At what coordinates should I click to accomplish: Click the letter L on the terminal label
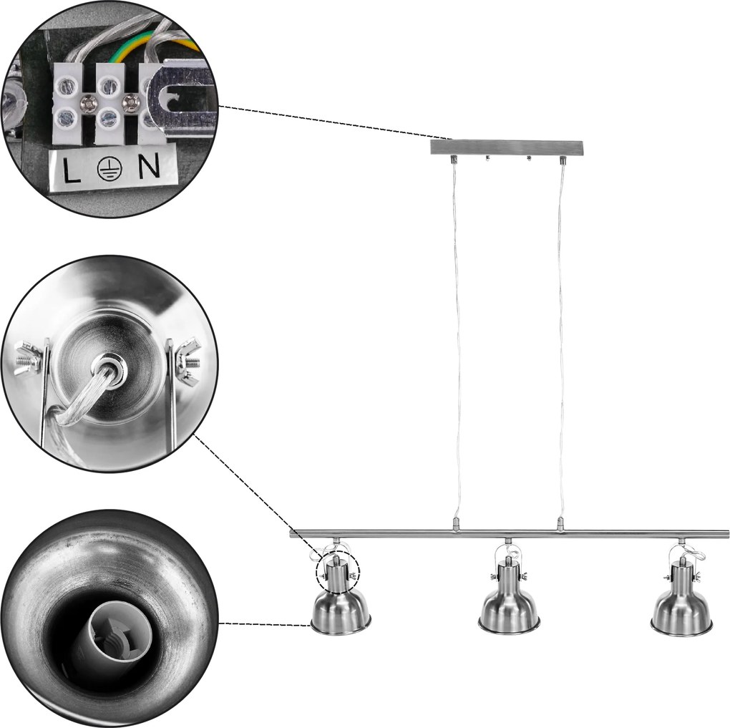pyautogui.click(x=72, y=169)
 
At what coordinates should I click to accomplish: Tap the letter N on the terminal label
pyautogui.click(x=149, y=165)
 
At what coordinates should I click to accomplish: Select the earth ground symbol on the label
pyautogui.click(x=110, y=168)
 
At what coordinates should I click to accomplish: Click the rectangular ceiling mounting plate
pyautogui.click(x=507, y=147)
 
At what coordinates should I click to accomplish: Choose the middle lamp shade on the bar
pyautogui.click(x=510, y=607)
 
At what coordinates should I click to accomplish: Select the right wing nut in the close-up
pyautogui.click(x=188, y=360)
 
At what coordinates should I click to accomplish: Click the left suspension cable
pyautogui.click(x=457, y=340)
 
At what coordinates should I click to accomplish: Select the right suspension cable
pyautogui.click(x=562, y=340)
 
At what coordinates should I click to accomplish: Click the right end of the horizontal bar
pyautogui.click(x=728, y=534)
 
